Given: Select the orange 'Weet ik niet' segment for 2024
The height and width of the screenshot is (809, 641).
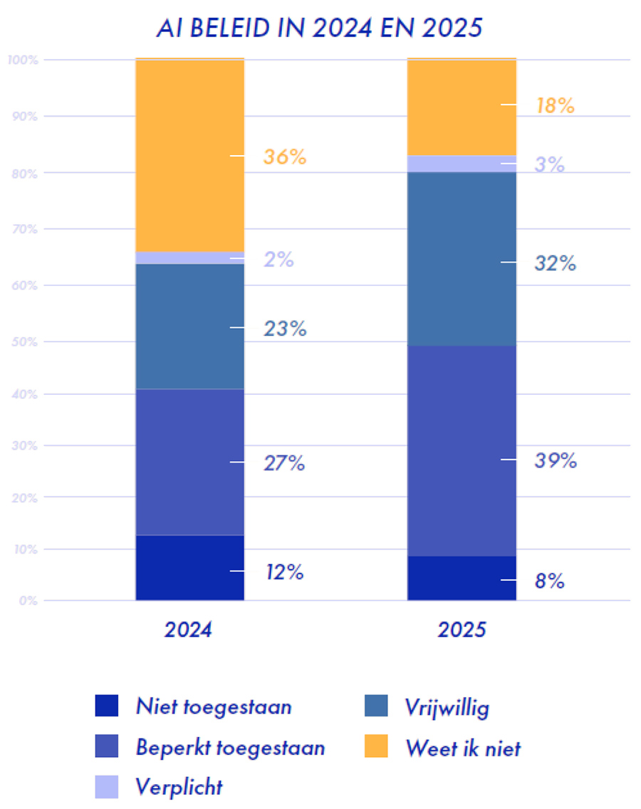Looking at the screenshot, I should click(189, 155).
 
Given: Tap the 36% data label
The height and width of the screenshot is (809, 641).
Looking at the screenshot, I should click(284, 157).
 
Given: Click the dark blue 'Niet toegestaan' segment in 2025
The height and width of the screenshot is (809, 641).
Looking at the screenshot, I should click(462, 578).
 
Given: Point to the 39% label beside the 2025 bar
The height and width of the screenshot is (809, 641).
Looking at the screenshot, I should click(556, 461).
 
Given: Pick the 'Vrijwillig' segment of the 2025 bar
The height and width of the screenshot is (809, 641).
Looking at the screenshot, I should click(462, 259).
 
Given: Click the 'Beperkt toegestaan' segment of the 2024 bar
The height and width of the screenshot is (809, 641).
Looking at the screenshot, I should click(189, 462).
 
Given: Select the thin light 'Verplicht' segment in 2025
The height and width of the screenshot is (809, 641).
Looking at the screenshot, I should click(462, 164).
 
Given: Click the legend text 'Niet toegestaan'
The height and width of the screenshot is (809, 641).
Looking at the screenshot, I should click(214, 707).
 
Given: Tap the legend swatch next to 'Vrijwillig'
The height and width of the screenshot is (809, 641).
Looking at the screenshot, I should click(376, 707).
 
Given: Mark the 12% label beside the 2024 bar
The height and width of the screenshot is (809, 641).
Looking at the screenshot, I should click(284, 572).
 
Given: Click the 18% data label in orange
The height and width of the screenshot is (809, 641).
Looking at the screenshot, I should click(555, 106).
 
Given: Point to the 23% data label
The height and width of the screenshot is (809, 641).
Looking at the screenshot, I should click(284, 329).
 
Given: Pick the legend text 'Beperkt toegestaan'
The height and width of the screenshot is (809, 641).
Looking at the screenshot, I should click(230, 748).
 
